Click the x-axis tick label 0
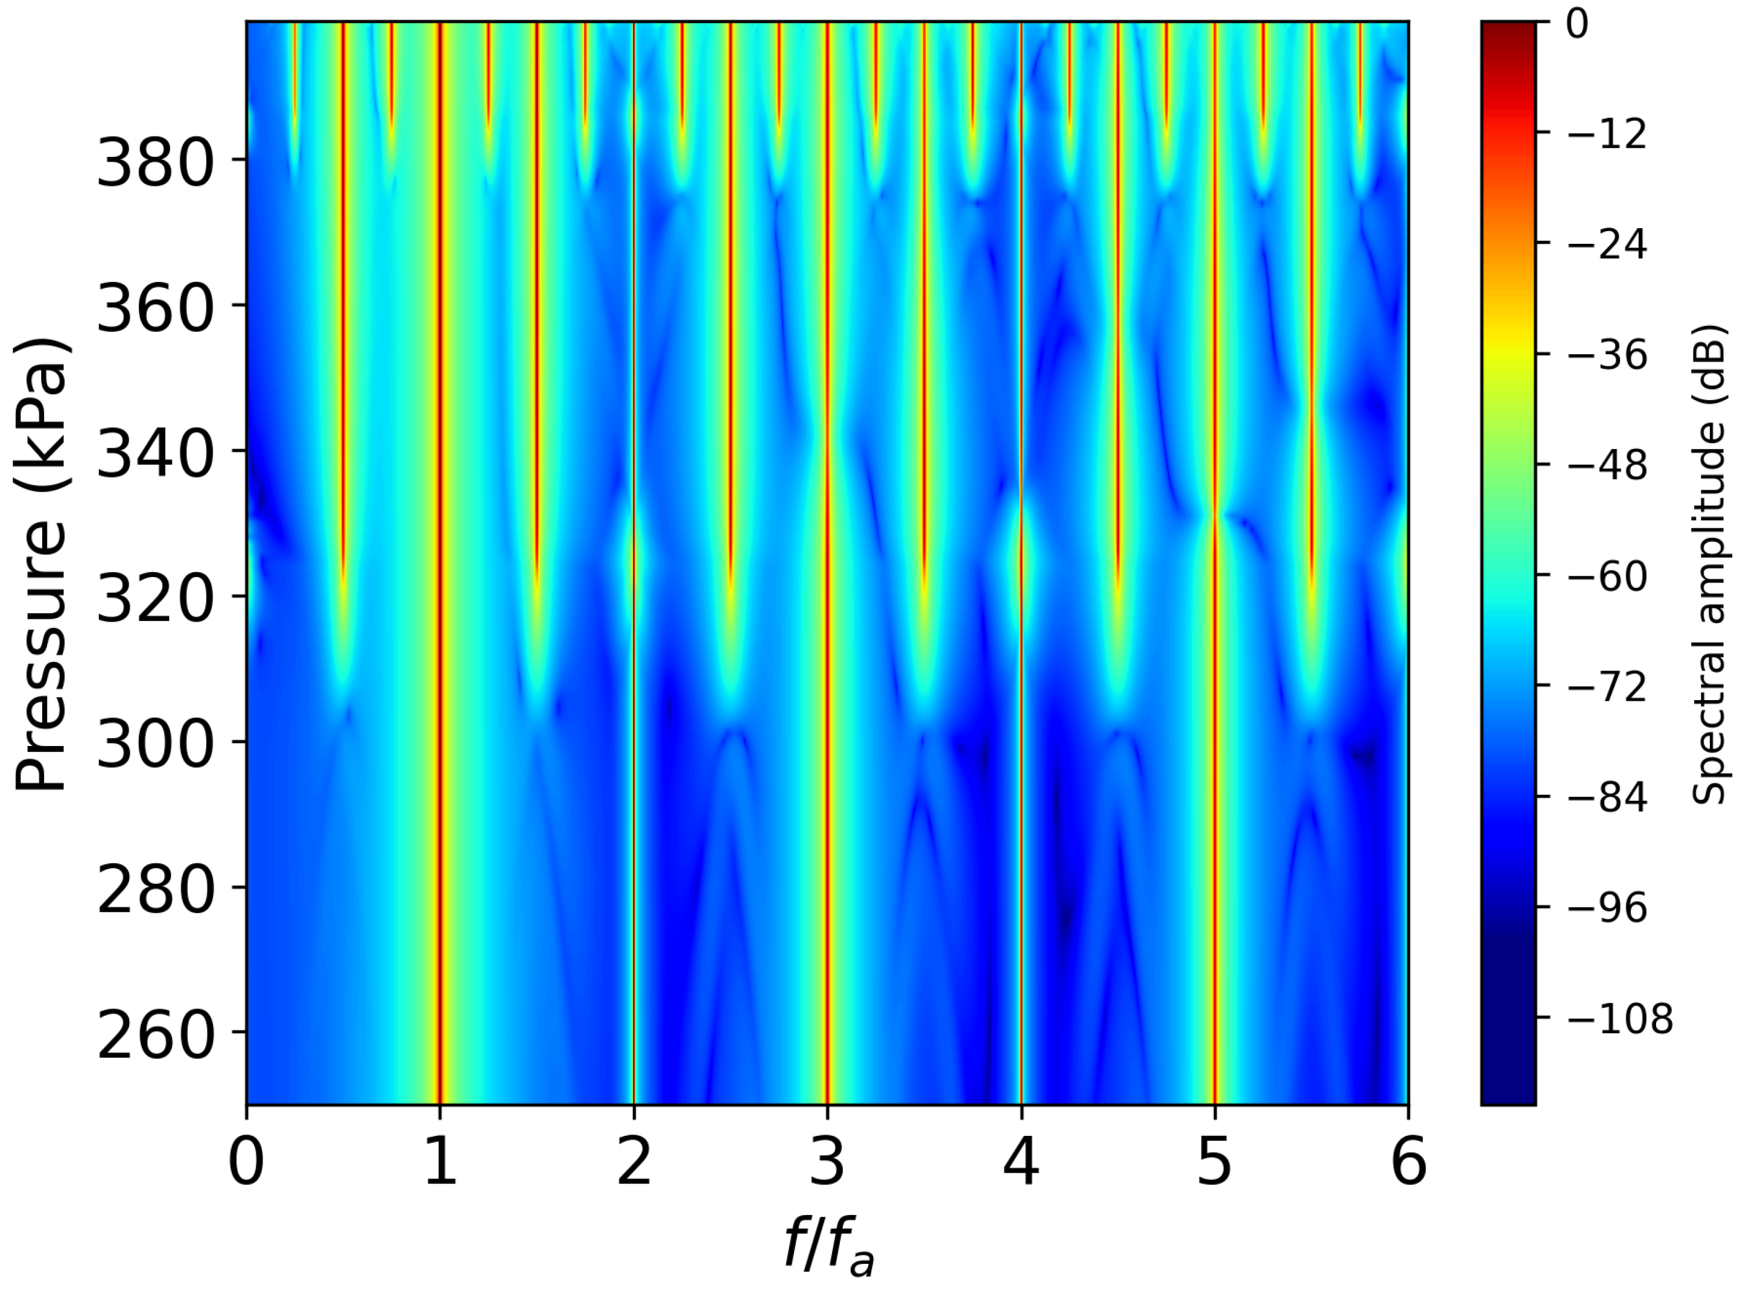click(247, 1162)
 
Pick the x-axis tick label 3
click(827, 1162)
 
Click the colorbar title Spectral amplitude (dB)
click(1709, 564)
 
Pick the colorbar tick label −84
click(1597, 798)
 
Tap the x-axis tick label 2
click(633, 1162)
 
